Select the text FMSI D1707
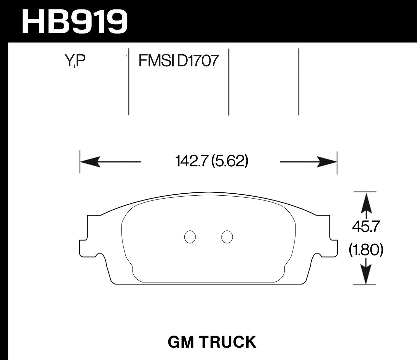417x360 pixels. [178, 61]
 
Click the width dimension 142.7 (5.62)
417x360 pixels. [212, 161]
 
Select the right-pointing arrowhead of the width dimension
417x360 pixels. [326, 162]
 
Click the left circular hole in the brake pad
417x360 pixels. [190, 237]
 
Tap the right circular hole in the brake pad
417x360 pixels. [227, 237]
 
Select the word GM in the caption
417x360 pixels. [180, 342]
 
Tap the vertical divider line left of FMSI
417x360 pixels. [129, 81]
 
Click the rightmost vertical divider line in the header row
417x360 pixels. [298, 81]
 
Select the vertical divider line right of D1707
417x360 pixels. [229, 81]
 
